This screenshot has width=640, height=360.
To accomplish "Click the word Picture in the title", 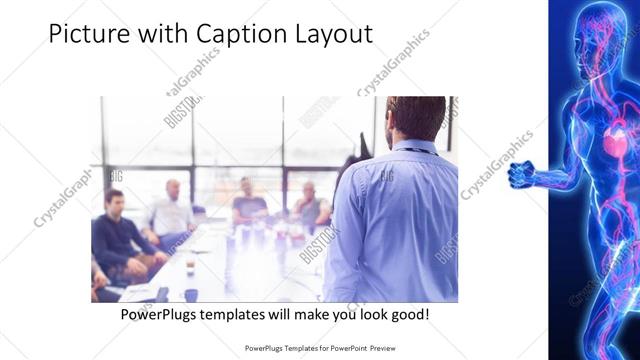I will coord(90,34).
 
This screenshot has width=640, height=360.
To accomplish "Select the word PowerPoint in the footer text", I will coord(344,349).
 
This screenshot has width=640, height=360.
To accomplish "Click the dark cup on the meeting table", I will coord(190,293).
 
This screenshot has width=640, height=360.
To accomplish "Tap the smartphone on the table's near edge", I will coord(162,293).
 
